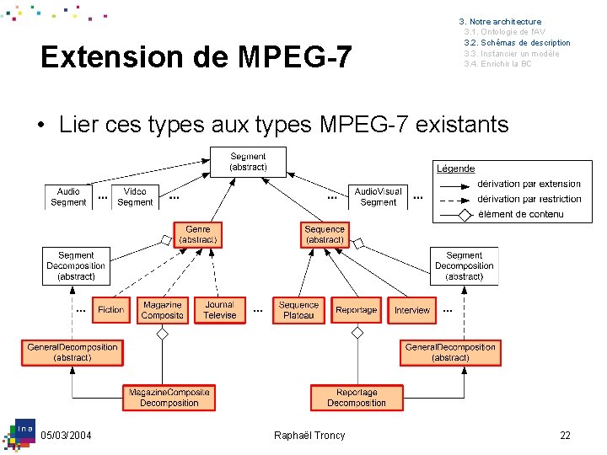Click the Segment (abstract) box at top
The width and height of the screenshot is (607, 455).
(x=248, y=162)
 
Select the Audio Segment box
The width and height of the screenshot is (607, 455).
(x=68, y=197)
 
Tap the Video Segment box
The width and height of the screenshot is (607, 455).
(x=135, y=197)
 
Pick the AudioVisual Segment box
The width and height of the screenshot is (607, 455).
(x=378, y=197)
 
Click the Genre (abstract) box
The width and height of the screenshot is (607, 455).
(x=198, y=234)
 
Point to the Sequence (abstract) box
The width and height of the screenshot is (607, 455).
(x=325, y=234)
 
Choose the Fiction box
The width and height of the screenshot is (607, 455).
(x=110, y=310)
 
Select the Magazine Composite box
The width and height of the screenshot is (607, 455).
(x=163, y=310)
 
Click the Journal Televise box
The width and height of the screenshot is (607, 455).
(x=219, y=310)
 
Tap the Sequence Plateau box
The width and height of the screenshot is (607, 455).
(x=298, y=310)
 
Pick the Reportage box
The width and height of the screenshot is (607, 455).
(x=356, y=310)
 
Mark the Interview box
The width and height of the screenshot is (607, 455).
(x=411, y=310)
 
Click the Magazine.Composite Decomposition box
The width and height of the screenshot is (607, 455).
(x=169, y=398)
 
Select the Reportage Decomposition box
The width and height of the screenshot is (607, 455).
(x=356, y=398)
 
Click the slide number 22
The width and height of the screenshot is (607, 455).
(x=565, y=435)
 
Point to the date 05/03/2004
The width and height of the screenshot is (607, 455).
(x=67, y=435)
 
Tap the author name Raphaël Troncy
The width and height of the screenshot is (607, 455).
(x=309, y=435)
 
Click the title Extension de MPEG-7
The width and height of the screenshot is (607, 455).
(x=196, y=57)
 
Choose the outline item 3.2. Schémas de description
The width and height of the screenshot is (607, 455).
(x=517, y=43)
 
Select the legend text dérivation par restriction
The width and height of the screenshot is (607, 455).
(x=529, y=199)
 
